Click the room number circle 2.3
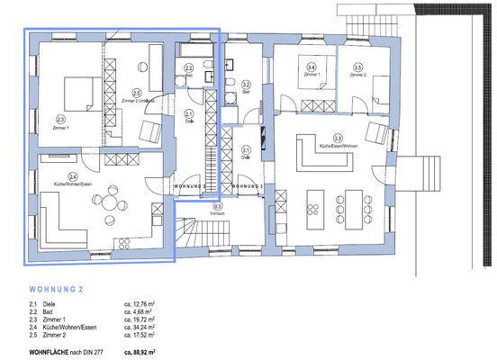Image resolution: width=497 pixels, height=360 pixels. [x=60, y=118]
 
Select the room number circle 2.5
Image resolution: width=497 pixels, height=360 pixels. [x=137, y=92]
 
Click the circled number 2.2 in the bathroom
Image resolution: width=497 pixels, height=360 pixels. [x=188, y=68]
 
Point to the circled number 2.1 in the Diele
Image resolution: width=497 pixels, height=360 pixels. [x=189, y=113]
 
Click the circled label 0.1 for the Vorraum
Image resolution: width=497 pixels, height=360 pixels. [x=217, y=206]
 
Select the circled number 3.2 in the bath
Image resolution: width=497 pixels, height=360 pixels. [x=245, y=85]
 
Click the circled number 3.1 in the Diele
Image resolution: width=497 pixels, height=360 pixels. [x=245, y=150]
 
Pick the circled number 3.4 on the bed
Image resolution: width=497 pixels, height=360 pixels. [x=311, y=67]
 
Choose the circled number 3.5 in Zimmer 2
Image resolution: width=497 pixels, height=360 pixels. [x=357, y=67]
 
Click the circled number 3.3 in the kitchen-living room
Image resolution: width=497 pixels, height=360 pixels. [x=338, y=139]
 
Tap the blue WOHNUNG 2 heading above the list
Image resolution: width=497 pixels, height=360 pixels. [x=57, y=291]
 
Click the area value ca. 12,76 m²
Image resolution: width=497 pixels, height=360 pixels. [x=140, y=305]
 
